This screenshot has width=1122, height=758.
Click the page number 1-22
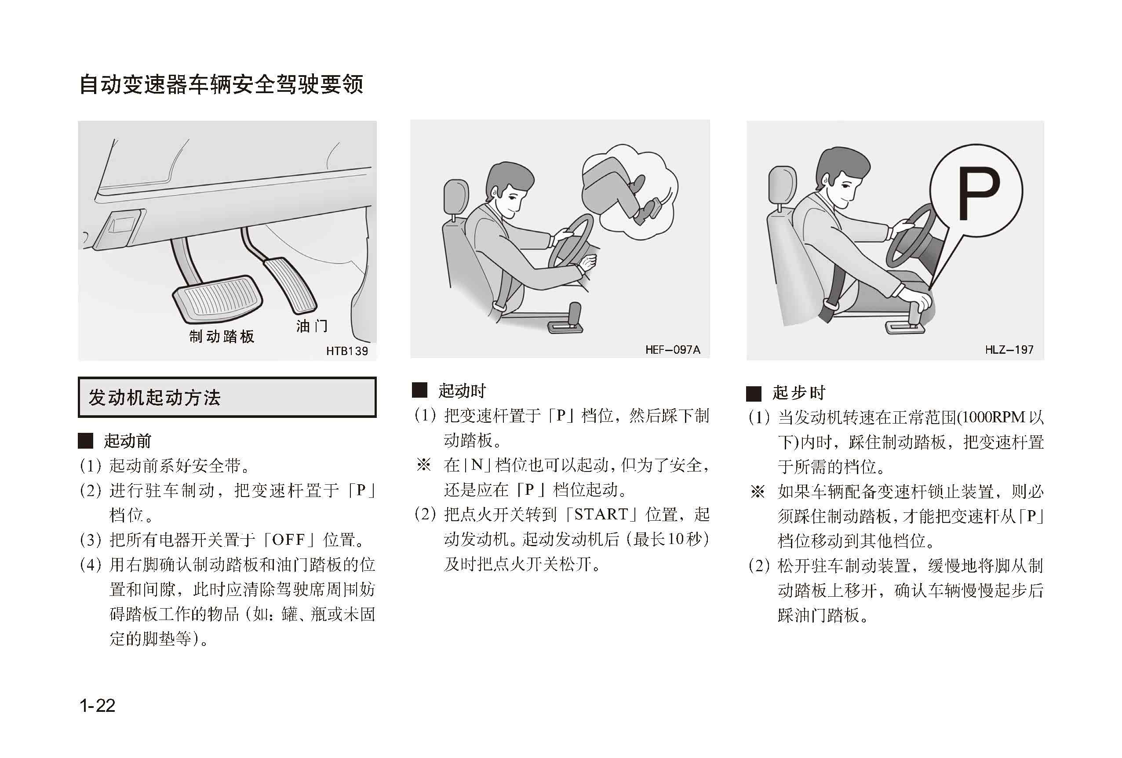point(97,706)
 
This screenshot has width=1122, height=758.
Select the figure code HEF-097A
point(673,349)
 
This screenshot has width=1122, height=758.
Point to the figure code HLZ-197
point(1009,349)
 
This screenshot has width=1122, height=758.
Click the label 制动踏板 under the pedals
point(222,336)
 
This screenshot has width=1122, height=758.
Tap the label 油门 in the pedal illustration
point(312,326)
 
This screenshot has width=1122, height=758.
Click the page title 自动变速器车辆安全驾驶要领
point(221,84)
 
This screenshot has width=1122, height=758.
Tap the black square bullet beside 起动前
point(85,440)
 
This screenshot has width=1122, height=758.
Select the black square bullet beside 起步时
point(754,393)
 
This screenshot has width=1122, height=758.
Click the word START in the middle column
point(601,514)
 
